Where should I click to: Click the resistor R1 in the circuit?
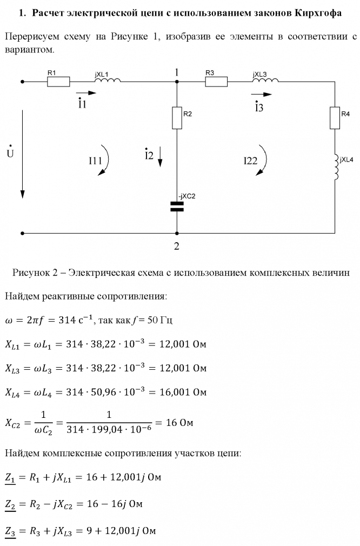58,82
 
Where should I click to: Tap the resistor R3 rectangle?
216,82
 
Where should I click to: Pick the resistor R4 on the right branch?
336,118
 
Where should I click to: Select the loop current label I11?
96,160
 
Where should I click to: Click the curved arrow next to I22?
264,161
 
